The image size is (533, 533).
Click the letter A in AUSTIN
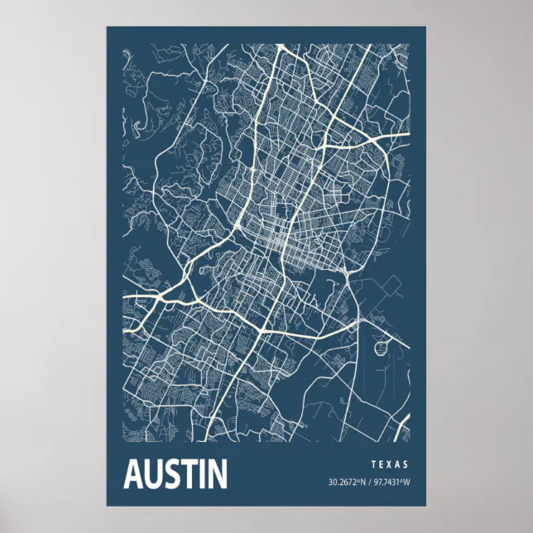pos(132,474)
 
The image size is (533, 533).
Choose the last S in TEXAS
pos(406,465)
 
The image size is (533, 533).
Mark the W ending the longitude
pos(406,483)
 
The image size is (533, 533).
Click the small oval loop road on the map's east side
pos(382,342)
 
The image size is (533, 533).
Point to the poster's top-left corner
pos(107,26)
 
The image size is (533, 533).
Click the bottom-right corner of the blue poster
pos(425,506)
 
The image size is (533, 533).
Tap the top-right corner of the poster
pos(425,26)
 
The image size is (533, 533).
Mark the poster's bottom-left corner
pos(107,506)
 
